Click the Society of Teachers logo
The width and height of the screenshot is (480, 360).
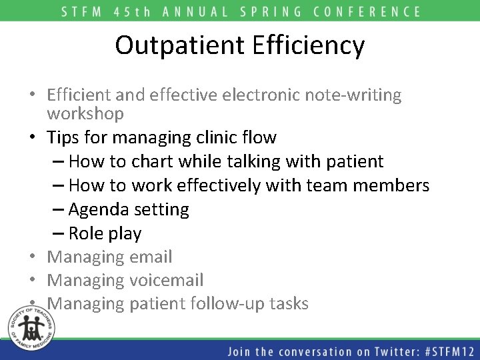pos(27,325)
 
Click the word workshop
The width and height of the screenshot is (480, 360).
pos(85,114)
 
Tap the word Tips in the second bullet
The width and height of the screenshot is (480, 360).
pos(63,138)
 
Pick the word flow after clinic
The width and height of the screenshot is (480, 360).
pos(260,138)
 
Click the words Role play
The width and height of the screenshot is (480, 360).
pos(105,234)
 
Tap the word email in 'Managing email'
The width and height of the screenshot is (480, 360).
pos(151,257)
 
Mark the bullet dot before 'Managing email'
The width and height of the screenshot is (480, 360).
pos(33,257)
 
